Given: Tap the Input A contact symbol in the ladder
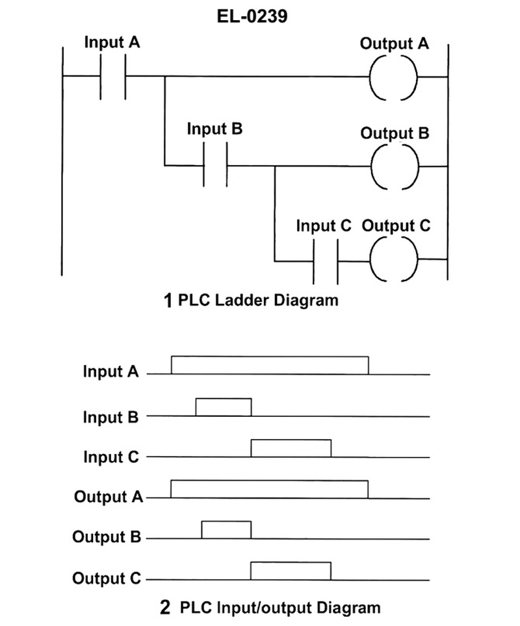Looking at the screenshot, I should [x=112, y=77].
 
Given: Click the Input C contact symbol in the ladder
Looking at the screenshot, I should [x=325, y=261].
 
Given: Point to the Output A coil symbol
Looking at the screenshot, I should [x=393, y=77].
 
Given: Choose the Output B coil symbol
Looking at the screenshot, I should [x=393, y=166].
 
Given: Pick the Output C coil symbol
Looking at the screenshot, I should [x=393, y=260].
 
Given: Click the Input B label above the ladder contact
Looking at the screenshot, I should [x=214, y=128].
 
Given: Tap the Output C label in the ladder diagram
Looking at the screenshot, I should [x=396, y=226].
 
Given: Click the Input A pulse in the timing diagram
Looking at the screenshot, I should [x=270, y=365].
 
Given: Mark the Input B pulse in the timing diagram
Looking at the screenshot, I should [x=224, y=407].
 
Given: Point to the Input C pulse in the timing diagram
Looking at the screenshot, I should [x=291, y=449].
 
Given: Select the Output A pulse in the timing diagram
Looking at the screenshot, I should [x=270, y=489].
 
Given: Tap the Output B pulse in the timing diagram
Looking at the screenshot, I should [x=226, y=530].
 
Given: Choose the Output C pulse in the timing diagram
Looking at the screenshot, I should [x=291, y=570].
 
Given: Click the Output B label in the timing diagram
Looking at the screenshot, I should [x=107, y=537].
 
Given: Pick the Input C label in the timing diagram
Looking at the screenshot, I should [x=110, y=457].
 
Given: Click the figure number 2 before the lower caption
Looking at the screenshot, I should [x=165, y=608].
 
